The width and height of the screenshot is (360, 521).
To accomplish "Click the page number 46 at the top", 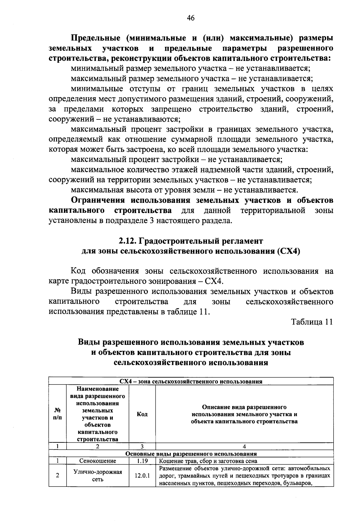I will pyautogui.click(x=190, y=18).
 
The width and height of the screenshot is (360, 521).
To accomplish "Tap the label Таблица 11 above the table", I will pyautogui.click(x=312, y=322).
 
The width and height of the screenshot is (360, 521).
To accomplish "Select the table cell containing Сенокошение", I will pyautogui.click(x=97, y=461).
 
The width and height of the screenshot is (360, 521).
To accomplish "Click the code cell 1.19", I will pyautogui.click(x=142, y=461).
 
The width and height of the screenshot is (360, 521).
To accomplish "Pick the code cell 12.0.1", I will pyautogui.click(x=142, y=476).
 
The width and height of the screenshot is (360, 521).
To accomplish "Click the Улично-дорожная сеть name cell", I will pyautogui.click(x=97, y=476).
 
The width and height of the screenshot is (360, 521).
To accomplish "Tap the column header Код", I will pyautogui.click(x=142, y=414).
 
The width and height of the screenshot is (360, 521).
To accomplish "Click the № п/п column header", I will pyautogui.click(x=57, y=414).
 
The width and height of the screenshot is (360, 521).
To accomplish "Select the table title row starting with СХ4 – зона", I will pyautogui.click(x=191, y=381).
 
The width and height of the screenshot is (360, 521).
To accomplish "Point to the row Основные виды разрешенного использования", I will pyautogui.click(x=191, y=454).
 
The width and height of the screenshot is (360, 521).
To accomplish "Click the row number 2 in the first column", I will pyautogui.click(x=57, y=476).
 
